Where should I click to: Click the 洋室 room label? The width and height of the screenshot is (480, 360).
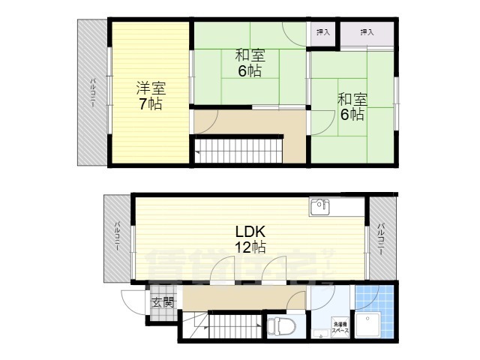point(149,86)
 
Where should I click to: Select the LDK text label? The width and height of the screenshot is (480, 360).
point(248,230)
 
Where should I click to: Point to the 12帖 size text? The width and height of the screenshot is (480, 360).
point(248,247)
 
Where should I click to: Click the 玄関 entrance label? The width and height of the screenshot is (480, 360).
point(163,304)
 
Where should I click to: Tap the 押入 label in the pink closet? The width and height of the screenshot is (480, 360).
point(367,32)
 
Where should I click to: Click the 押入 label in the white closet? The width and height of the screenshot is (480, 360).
point(322,32)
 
